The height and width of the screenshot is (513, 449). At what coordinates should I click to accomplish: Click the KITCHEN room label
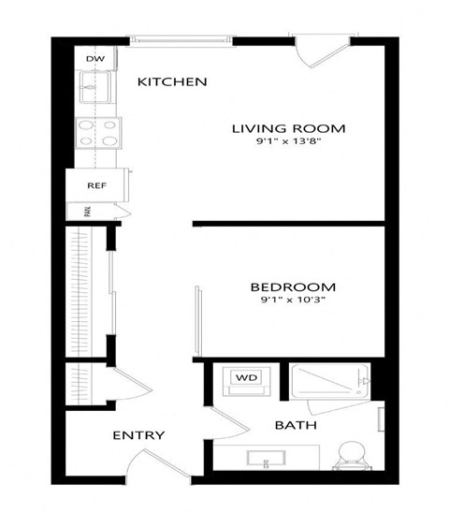point(172,82)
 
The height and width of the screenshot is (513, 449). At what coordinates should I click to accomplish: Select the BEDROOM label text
point(294,287)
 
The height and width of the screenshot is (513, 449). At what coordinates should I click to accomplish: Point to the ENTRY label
point(138,435)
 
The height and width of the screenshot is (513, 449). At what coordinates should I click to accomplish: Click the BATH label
point(295,426)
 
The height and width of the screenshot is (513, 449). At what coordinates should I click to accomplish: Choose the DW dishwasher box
point(94,59)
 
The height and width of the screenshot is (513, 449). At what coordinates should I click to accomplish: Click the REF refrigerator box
point(96,185)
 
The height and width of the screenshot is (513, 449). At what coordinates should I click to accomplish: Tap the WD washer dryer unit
point(246,378)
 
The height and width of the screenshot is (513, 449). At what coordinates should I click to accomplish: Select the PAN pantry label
point(87,211)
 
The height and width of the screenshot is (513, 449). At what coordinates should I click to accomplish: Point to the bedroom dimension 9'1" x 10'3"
point(294,302)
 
